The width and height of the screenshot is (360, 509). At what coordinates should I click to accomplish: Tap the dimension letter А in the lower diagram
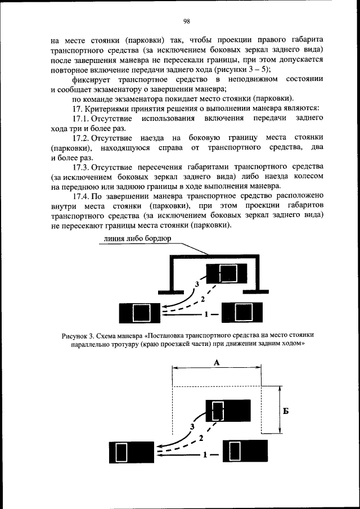click(x=217, y=363)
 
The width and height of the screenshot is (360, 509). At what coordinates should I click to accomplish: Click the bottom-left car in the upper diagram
click(x=138, y=312)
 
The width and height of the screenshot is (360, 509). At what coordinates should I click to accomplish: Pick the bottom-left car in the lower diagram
click(x=130, y=452)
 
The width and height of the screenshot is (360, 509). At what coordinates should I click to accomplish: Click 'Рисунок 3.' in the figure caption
click(x=79, y=336)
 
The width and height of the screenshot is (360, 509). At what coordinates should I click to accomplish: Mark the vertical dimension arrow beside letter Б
click(x=279, y=410)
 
